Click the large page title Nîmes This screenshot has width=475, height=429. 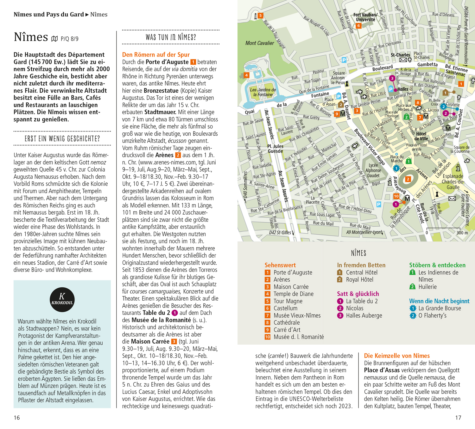pos(31,37)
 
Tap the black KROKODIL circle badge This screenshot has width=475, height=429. pos(62,299)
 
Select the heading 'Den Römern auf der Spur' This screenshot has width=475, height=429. pos(156,55)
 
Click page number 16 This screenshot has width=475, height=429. pos(17,418)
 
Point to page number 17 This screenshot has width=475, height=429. pos(458,418)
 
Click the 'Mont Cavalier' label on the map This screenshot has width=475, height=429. pos(260,43)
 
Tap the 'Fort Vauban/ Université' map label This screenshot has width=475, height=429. pos(365,17)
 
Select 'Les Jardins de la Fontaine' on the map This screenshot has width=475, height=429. pos(263,92)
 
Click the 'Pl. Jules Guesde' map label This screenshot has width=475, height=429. pos(275,149)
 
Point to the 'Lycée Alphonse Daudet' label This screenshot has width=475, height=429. pos(373,170)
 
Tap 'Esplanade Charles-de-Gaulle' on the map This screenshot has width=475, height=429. pos(453,181)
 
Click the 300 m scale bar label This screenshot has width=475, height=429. pos(462,233)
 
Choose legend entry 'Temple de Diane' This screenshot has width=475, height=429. pos(293,294)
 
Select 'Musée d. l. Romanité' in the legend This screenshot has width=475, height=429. pos(299,337)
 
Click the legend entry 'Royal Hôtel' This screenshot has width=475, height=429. pos(359,280)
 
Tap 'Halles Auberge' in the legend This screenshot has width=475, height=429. pos(364,316)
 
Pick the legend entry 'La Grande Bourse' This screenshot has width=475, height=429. pos(440,308)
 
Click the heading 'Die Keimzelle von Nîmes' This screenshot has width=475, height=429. pos(397,356)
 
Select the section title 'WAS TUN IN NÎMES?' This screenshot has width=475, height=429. pos(171,37)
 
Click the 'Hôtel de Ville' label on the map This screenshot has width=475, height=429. pos(421,136)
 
